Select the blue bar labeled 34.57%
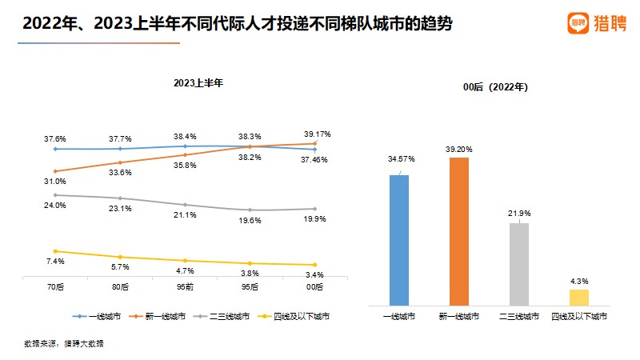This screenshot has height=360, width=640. pos(399,239)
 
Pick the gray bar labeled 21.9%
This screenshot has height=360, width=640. pos(519,263)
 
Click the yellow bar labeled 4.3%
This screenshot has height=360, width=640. pos(579,297)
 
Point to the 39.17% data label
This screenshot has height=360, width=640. pos(315,134)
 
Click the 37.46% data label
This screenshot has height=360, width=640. pos(315,159)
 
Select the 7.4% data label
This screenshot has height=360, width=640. pos(54,262)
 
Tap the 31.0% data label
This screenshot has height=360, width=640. pos(54,182)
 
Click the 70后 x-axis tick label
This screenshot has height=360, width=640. pos(54,286)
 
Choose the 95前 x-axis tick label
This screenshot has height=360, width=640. pos(185,286)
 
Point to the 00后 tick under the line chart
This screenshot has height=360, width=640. pos(315,286)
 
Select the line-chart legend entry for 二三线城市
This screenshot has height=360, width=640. pos(231,317)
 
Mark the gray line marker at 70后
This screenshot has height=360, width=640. pos(54,194)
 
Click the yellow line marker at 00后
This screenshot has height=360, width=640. pos(315,265)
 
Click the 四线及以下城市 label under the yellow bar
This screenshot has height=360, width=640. pos(579,317)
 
